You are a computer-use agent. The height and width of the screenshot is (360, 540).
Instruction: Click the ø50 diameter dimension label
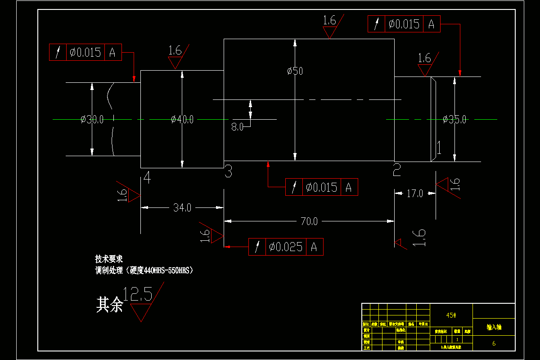pyautogui.click(x=295, y=71)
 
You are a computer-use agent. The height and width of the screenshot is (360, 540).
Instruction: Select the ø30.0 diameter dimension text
pyautogui.click(x=92, y=120)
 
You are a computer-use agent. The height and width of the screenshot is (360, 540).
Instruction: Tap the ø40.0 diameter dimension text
pyautogui.click(x=182, y=120)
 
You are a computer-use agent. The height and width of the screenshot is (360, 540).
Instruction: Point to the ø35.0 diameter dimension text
pyautogui.click(x=454, y=120)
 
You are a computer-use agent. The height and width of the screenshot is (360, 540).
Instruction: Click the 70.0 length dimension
pyautogui.click(x=309, y=221)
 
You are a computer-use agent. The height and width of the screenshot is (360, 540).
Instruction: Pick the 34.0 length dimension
pyautogui.click(x=182, y=208)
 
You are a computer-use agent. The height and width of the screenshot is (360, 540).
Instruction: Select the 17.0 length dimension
pyautogui.click(x=415, y=194)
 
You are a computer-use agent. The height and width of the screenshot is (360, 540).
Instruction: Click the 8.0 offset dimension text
pyautogui.click(x=238, y=127)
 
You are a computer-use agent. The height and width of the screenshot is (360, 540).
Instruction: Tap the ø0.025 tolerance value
pyautogui.click(x=286, y=247)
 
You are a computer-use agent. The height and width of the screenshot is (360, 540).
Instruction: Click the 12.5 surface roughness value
pyautogui.click(x=138, y=295)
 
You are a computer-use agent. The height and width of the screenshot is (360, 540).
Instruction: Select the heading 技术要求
pyautogui.click(x=109, y=260)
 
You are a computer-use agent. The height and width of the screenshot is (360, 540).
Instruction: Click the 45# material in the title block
pyautogui.click(x=451, y=315)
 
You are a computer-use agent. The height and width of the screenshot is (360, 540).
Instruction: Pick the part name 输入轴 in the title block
pyautogui.click(x=494, y=328)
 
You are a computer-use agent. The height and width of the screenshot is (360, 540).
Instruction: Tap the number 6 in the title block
pyautogui.click(x=494, y=343)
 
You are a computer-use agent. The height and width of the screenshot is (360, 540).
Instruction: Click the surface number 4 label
pyautogui.click(x=147, y=178)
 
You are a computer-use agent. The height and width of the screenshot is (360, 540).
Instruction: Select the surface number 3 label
pyautogui.click(x=228, y=171)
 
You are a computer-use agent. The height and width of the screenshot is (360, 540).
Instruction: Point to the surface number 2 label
pyautogui.click(x=397, y=170)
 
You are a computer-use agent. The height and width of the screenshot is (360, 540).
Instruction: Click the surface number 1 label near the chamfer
pyautogui.click(x=438, y=148)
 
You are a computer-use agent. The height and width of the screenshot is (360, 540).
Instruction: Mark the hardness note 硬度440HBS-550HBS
pyautogui.click(x=161, y=270)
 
